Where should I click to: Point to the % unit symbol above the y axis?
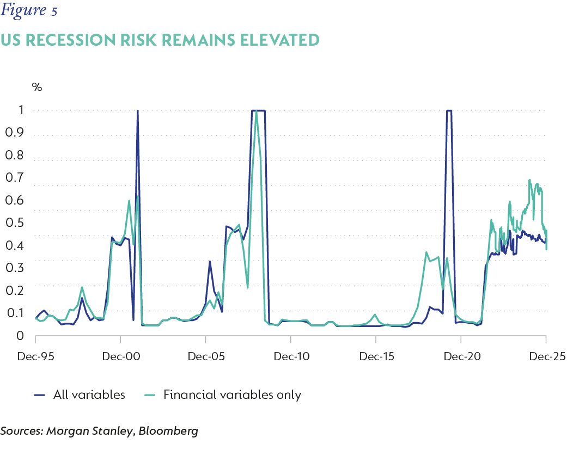[37, 87]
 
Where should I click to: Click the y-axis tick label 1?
[20, 110]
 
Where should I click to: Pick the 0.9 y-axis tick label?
[15, 134]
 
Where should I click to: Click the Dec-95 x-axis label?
[35, 356]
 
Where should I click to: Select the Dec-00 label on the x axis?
[120, 356]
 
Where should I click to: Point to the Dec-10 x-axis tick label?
[291, 356]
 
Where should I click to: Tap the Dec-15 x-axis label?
[376, 356]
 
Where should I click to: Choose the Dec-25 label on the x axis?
[546, 356]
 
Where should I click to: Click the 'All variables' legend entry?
[89, 395]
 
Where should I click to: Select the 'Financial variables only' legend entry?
[232, 395]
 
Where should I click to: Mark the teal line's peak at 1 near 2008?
[256, 111]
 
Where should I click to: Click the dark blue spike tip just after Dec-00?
[137, 111]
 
